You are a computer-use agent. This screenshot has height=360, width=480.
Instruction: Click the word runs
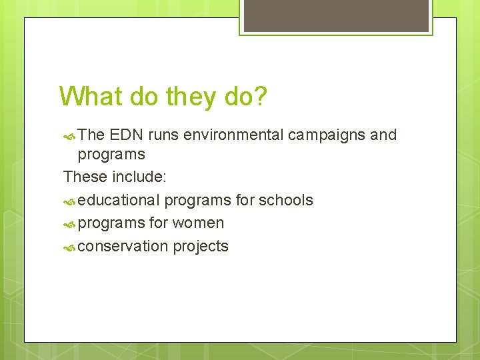point(163,135)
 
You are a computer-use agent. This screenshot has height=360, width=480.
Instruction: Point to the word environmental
point(233,135)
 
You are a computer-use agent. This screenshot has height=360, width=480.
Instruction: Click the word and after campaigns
point(383,135)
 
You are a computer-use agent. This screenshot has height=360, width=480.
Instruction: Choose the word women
point(198,223)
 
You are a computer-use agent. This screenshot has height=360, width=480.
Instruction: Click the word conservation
point(123,246)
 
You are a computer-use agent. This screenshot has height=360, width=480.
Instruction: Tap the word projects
point(201,246)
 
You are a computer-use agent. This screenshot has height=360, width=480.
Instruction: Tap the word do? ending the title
point(246,97)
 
